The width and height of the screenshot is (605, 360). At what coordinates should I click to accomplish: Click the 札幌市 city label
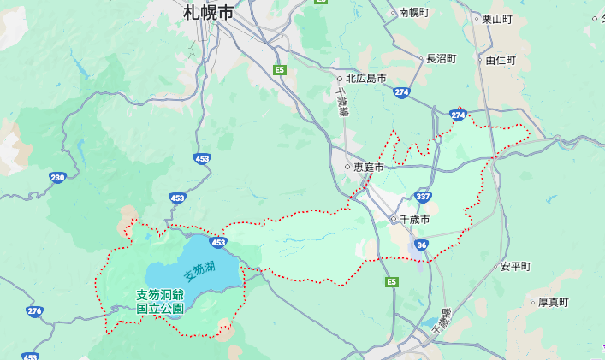coord(209,13)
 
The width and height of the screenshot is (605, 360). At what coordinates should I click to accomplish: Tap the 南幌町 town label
coord(413,13)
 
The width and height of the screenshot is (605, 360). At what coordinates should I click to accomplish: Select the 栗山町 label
coord(496,18)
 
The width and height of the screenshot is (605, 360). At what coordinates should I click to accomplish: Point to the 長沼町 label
coord(442,58)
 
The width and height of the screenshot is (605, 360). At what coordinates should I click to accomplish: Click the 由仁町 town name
coord(501,60)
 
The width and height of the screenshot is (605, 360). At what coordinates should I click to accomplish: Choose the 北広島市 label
coord(365,78)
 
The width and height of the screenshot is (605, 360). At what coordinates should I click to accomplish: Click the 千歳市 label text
coord(414,220)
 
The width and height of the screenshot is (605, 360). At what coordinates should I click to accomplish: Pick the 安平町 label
coord(516,266)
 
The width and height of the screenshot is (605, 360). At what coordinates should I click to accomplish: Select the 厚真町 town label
coord(553,302)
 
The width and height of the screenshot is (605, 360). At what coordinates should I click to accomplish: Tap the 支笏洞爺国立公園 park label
coord(160,301)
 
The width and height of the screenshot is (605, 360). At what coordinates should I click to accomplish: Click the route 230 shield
coord(57,177)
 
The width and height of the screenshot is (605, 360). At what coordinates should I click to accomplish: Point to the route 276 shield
coord(34,311)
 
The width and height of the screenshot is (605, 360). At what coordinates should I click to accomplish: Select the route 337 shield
coord(423,197)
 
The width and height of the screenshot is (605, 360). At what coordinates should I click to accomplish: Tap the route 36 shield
coord(421,245)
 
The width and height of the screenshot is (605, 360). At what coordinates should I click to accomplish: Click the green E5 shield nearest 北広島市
coord(279,69)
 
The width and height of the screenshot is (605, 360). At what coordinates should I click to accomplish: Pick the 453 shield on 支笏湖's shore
coord(218,243)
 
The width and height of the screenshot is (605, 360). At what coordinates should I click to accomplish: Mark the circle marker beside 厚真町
coord(532,302)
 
